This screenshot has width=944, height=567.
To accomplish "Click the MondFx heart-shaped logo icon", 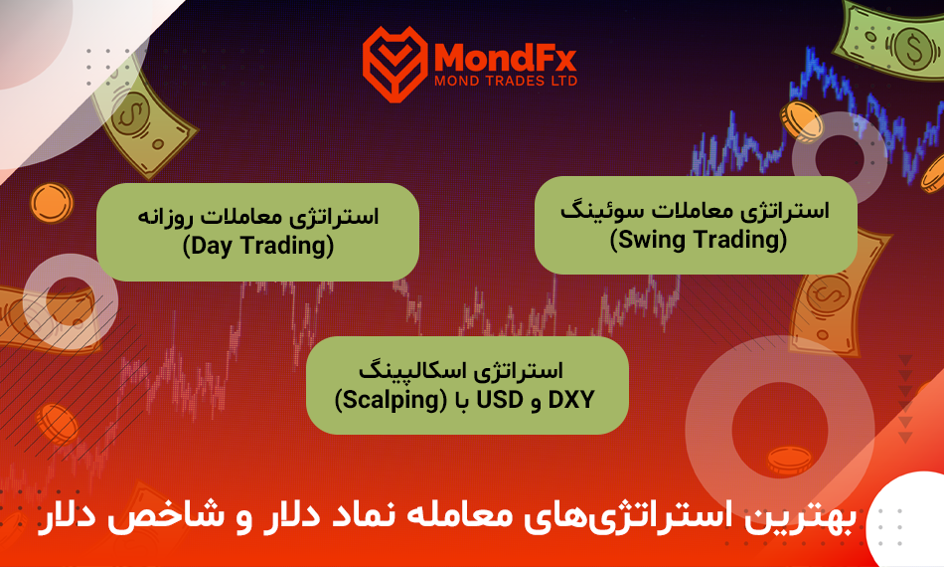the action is click(x=394, y=64).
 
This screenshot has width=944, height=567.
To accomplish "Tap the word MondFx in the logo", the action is click(x=505, y=58).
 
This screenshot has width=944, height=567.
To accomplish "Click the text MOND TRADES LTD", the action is click(x=506, y=81).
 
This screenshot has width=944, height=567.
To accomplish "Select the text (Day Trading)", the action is click(x=258, y=246).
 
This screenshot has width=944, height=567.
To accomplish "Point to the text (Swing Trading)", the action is click(x=699, y=240).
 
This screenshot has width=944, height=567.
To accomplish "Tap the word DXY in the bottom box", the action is click(x=571, y=400).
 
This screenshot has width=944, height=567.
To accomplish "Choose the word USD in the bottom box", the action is click(x=500, y=400).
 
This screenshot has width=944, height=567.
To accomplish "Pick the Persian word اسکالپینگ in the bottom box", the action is click(x=408, y=369).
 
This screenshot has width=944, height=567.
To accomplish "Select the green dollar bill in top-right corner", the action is click(x=889, y=41).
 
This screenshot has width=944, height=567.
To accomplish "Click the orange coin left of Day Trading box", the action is click(x=52, y=203).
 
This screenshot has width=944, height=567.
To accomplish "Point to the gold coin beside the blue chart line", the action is click(x=801, y=121).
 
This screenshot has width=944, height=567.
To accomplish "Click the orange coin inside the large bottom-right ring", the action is click(x=789, y=461).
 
